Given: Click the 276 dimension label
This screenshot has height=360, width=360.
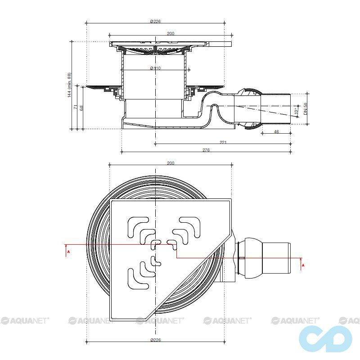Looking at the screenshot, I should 206,150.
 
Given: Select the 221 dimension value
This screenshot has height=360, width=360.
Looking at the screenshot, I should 223,142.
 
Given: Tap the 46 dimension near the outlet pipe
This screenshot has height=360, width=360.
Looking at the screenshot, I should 276,131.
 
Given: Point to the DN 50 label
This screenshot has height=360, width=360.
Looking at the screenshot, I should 305,108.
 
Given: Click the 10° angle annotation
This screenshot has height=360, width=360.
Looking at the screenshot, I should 296,111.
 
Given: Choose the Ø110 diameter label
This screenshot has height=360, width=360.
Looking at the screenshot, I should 155,68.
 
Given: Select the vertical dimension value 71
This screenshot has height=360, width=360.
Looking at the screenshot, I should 75,107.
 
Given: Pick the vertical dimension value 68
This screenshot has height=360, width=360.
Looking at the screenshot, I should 81,108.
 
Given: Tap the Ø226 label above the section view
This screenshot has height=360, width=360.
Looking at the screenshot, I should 155,21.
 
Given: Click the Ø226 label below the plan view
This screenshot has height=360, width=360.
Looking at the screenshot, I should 155,340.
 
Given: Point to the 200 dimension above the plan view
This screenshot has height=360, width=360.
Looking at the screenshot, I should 171,163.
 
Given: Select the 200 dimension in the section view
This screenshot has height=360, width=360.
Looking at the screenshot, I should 171,33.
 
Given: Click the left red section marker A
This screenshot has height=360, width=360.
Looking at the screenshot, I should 68,252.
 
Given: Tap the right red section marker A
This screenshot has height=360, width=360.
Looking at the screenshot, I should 303,265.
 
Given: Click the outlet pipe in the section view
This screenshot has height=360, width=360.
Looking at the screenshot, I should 275,108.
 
